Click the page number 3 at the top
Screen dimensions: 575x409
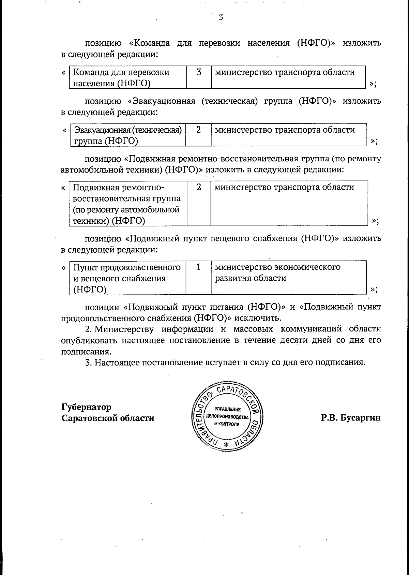(221, 17)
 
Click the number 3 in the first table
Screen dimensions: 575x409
(199, 72)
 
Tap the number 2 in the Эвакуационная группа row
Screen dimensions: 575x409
(198, 130)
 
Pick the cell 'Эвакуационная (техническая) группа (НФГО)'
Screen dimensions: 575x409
(128, 135)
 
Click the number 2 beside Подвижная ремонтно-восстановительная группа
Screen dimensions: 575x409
(199, 187)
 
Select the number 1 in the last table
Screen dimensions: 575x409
(198, 267)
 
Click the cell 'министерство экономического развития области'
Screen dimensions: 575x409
(277, 272)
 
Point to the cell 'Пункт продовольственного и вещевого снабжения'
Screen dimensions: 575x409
(127, 278)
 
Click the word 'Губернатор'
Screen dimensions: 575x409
(86, 407)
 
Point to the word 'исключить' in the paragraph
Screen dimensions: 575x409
(258, 318)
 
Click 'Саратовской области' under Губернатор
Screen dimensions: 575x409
(108, 418)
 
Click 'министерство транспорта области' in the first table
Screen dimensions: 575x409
(285, 72)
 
